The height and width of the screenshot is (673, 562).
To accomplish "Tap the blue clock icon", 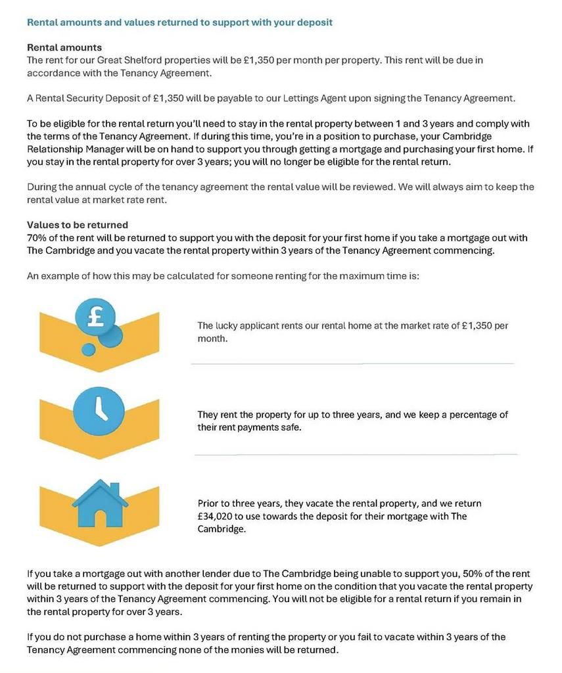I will pyautogui.click(x=99, y=407).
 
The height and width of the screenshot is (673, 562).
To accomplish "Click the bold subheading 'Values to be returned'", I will pyautogui.click(x=78, y=225).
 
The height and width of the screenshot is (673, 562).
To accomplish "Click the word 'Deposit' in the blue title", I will pyautogui.click(x=315, y=22).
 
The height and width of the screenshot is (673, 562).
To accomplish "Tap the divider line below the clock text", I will pyautogui.click(x=355, y=454).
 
